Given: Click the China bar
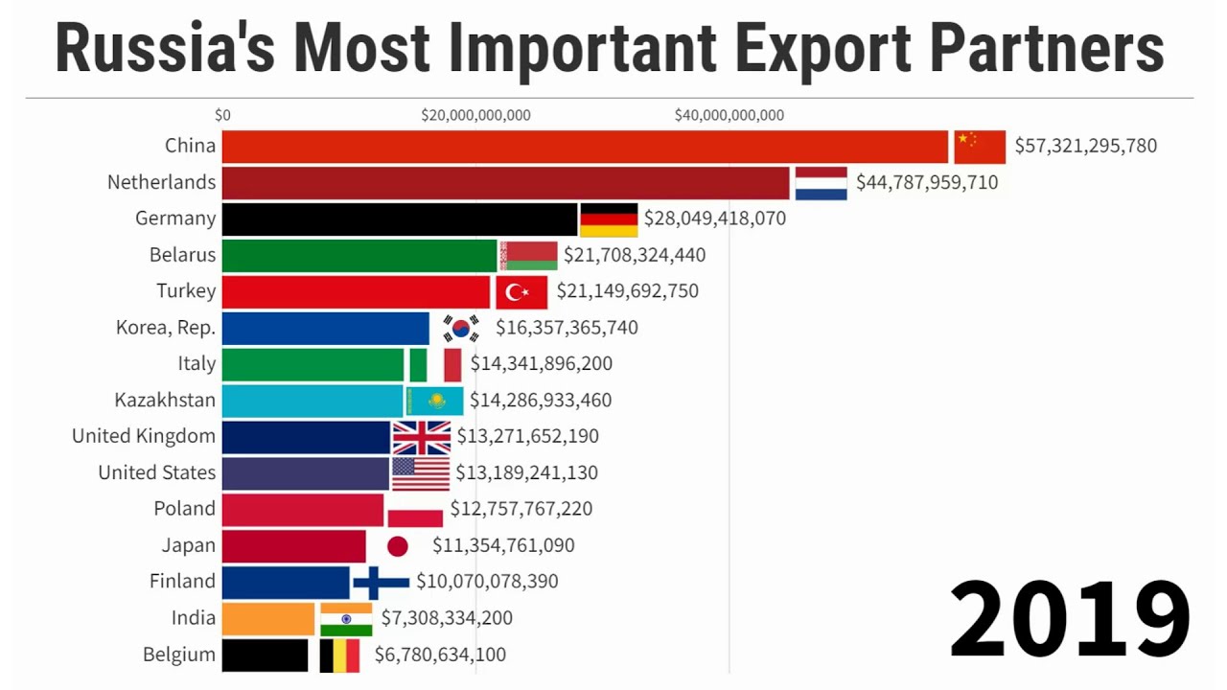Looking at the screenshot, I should tap(585, 147).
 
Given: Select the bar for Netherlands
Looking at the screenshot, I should tap(505, 183).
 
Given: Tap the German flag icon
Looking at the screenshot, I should tap(609, 219).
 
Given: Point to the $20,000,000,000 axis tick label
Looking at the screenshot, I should tap(475, 116).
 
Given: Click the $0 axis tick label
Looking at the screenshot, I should tap(222, 116).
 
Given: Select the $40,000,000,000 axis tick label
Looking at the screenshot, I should tap(729, 116).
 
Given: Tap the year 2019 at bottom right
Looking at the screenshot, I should tap(1069, 618).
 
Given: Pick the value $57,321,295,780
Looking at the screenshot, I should tap(1086, 147).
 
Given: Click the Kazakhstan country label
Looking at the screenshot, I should tap(165, 400).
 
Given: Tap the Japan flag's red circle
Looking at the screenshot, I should tap(397, 546).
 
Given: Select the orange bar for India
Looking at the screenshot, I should tap(268, 619).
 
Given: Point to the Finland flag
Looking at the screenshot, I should tap(381, 582).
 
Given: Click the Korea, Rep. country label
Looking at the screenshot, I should tap(166, 328).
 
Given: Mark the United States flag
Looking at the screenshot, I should tap(421, 473).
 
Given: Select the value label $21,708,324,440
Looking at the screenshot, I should tap(635, 256).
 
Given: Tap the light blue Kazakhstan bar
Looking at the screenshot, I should tap(313, 401).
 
